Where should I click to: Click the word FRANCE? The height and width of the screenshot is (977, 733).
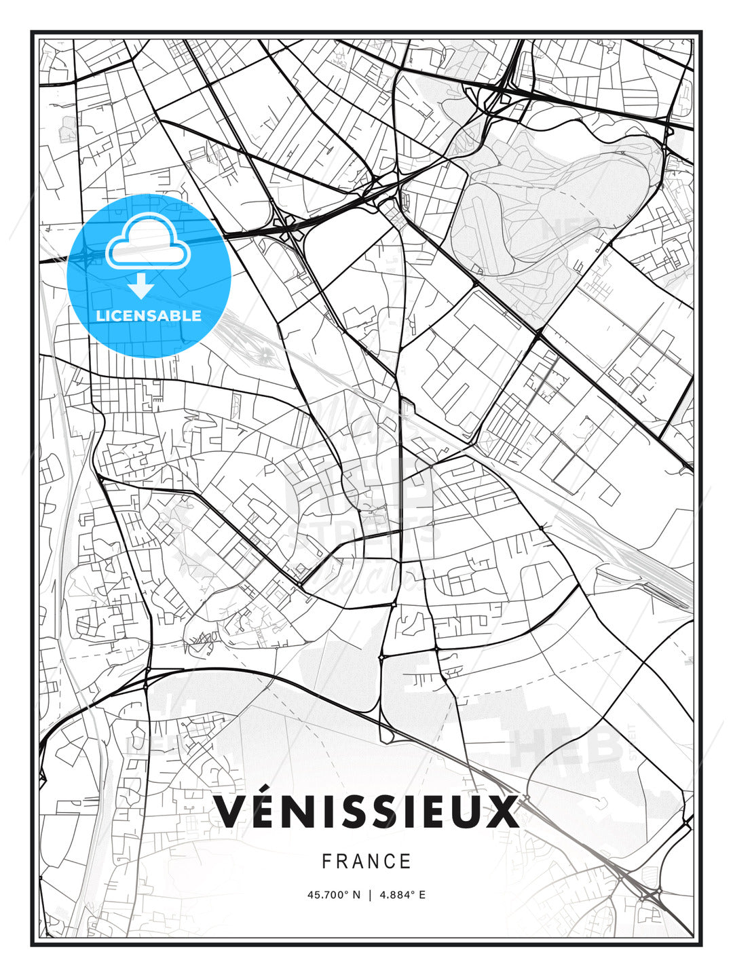click(366, 862)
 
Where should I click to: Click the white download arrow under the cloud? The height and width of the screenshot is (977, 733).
click(141, 286)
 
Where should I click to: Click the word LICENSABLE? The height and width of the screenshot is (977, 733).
click(149, 315)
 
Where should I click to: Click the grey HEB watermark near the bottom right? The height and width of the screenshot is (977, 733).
click(567, 746)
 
